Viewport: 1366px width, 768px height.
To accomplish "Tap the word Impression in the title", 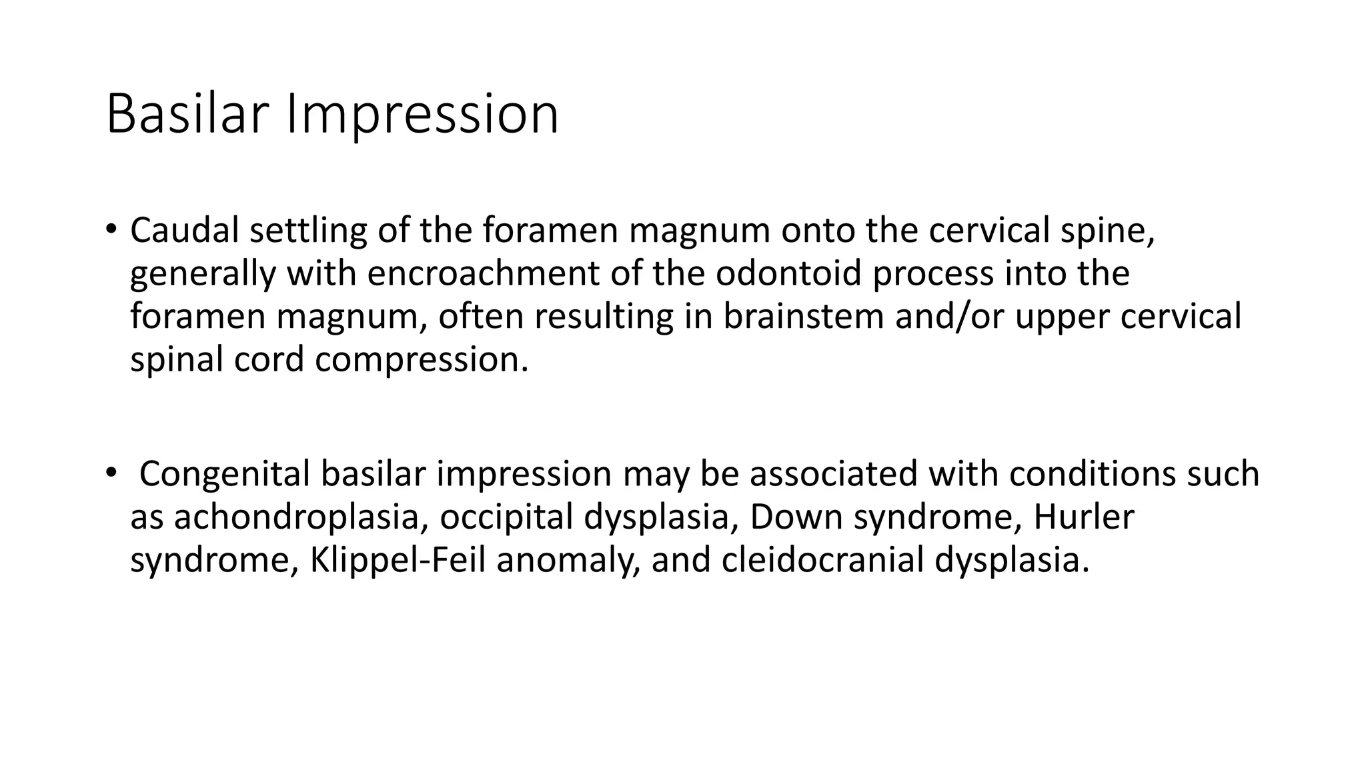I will click(422, 114).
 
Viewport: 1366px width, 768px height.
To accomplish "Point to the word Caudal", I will click(185, 231).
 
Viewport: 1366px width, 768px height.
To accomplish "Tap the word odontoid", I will click(789, 274).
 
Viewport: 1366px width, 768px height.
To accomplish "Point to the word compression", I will click(422, 360).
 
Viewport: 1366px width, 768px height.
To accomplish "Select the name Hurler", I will click(1084, 517).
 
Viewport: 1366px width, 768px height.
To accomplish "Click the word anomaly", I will click(569, 560).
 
